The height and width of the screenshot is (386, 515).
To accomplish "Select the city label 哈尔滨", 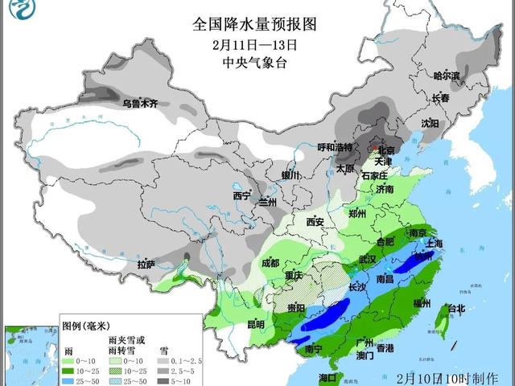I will (x=447, y=76).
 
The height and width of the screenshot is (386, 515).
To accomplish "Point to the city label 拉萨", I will (x=146, y=265).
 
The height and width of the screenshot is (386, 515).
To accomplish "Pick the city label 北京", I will (x=389, y=150).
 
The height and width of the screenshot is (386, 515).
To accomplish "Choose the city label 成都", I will (x=270, y=263).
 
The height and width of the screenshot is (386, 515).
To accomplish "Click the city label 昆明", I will (x=255, y=325).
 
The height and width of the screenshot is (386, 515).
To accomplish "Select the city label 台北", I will (x=455, y=309).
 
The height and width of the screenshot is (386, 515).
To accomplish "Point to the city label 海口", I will (x=328, y=377).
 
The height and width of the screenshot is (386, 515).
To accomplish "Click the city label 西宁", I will (x=242, y=196).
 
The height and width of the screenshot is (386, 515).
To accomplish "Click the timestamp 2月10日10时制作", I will (x=447, y=377).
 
